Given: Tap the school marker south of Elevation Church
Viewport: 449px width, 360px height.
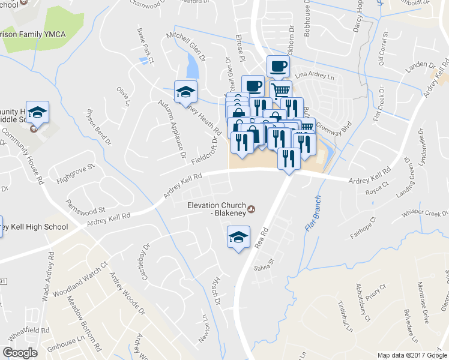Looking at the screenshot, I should (x=238, y=236).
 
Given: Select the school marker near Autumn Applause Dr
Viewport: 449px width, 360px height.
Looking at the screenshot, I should (x=185, y=92).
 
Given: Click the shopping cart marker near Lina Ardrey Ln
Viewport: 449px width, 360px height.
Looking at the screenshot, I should (x=280, y=91).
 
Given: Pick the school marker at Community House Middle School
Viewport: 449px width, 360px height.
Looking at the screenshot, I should (x=37, y=112).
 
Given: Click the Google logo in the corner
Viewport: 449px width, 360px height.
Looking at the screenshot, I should (x=20, y=353).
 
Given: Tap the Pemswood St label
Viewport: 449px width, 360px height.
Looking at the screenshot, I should (x=86, y=207).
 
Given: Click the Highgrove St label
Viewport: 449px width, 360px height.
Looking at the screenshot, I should (x=76, y=173).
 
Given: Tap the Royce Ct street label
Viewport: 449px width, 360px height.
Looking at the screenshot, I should (x=378, y=192).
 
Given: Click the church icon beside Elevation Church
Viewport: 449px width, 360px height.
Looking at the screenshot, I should (x=251, y=209).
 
